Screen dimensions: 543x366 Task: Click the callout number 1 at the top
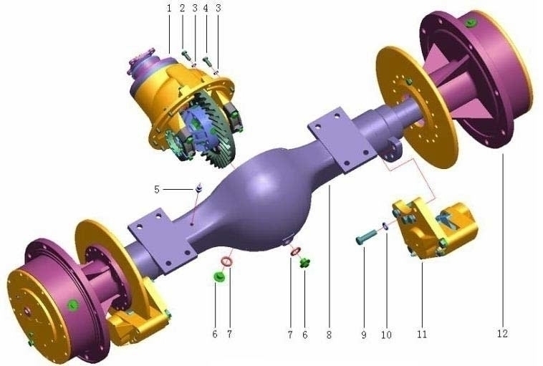[x=169, y=9]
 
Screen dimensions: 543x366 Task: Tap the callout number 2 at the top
[x=183, y=9]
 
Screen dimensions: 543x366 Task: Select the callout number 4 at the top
[x=206, y=9]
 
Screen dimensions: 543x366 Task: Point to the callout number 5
[x=157, y=189]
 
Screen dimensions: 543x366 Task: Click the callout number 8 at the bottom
[x=329, y=334]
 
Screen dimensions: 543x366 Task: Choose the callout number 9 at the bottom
[x=364, y=334]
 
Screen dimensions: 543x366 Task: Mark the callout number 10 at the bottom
[x=386, y=334]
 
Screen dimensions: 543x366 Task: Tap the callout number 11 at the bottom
[x=422, y=334]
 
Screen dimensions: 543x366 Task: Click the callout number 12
[x=502, y=334]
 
